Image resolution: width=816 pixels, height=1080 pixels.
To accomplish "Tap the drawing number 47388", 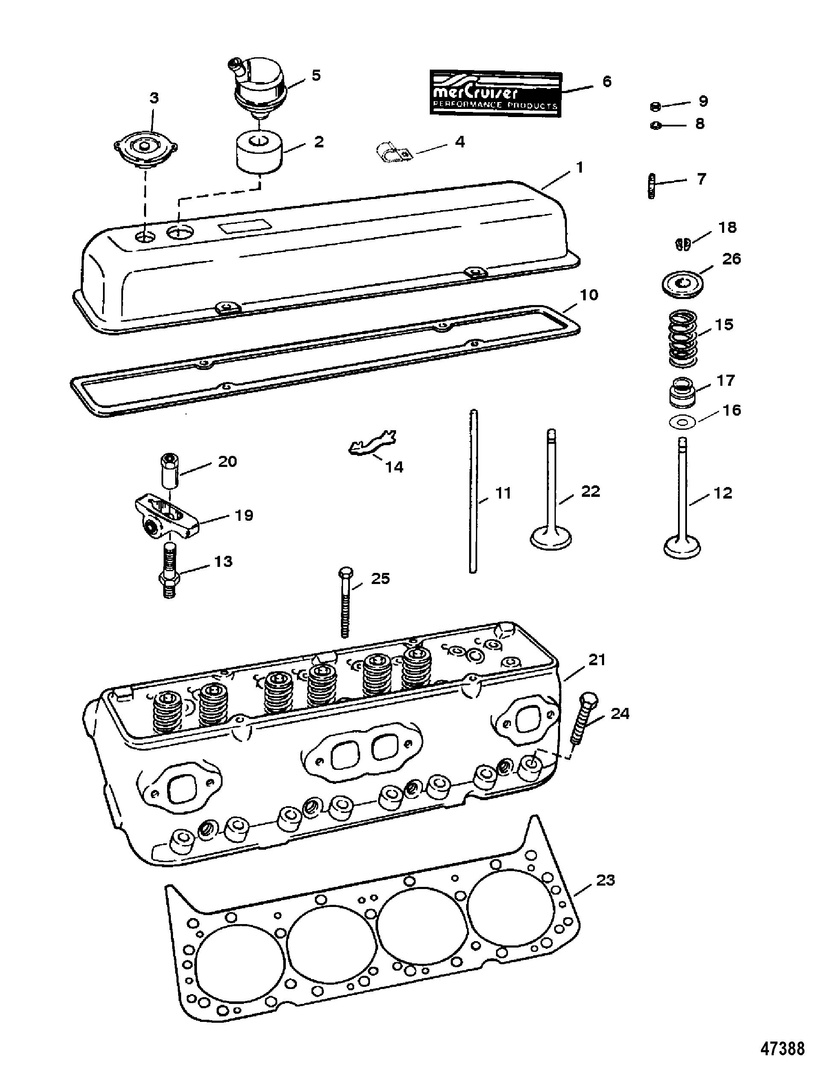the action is point(781,1062).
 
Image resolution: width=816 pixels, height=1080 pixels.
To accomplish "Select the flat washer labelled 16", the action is point(682,421).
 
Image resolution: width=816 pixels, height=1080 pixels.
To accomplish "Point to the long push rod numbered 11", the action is point(473,491).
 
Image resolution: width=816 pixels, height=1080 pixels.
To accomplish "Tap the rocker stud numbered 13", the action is point(169,571).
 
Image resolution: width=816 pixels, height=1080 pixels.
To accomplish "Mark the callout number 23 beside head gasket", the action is point(605,880).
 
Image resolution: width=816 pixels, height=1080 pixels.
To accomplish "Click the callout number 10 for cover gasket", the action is point(588,295).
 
